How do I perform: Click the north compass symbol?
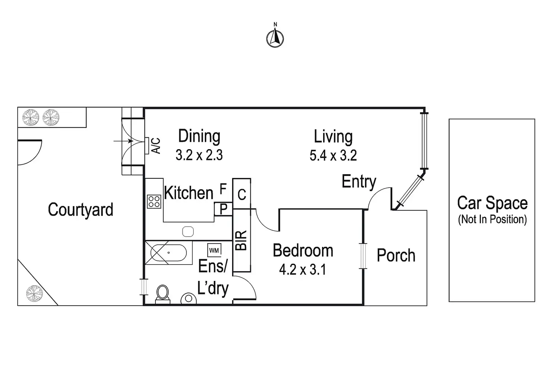click(x=275, y=38)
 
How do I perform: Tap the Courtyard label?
click(x=80, y=210)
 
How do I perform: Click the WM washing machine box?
click(x=214, y=250)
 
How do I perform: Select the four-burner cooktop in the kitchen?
click(x=154, y=201)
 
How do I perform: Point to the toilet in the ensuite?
click(x=163, y=292)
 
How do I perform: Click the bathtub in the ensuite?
click(x=169, y=253)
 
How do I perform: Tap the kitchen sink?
click(x=188, y=232)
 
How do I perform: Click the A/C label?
click(x=156, y=145)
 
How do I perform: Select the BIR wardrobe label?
click(x=241, y=240)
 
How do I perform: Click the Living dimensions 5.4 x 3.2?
click(x=333, y=156)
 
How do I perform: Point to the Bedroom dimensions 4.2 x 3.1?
click(x=303, y=269)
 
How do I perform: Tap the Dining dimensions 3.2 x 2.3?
click(x=199, y=155)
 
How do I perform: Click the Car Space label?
click(x=492, y=203)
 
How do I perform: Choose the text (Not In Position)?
click(x=492, y=219)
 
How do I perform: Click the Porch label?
click(x=396, y=256)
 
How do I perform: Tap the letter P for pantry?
click(x=223, y=209)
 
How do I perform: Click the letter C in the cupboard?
click(x=242, y=194)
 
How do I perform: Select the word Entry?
click(x=359, y=182)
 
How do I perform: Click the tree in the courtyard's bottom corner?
click(x=34, y=293)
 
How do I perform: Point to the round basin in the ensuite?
click(x=189, y=298)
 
